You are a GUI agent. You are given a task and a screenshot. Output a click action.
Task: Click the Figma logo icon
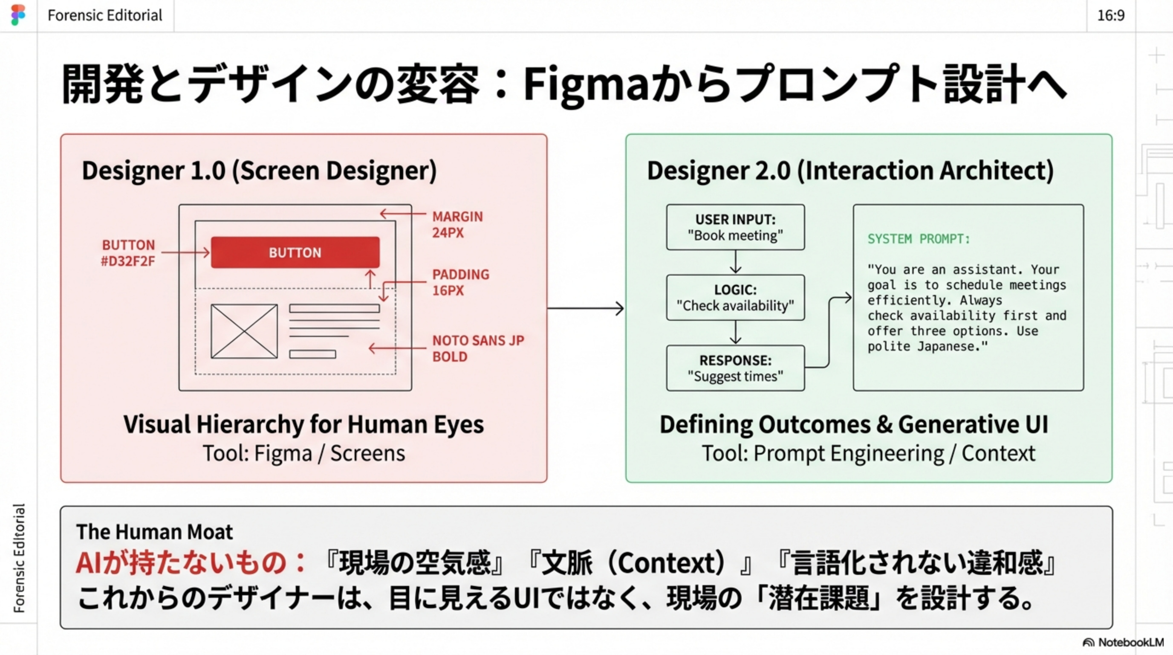pyautogui.click(x=18, y=15)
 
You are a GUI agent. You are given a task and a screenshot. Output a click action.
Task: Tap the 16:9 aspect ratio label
pyautogui.click(x=1111, y=15)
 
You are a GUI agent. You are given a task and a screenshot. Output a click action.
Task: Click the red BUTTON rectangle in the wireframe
pyautogui.click(x=295, y=252)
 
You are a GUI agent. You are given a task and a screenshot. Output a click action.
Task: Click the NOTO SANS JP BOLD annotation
pyautogui.click(x=478, y=348)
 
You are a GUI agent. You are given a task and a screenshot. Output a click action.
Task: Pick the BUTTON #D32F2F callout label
pyautogui.click(x=128, y=253)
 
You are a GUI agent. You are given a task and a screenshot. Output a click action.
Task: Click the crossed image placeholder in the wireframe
pyautogui.click(x=244, y=331)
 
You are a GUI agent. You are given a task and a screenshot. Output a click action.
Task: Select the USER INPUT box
pyautogui.click(x=735, y=227)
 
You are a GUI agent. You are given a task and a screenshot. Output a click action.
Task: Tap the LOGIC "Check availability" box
pyautogui.click(x=735, y=298)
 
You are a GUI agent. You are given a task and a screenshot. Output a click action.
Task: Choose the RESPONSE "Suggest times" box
pyautogui.click(x=735, y=368)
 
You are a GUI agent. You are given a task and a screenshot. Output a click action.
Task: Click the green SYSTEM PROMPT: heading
pyautogui.click(x=919, y=239)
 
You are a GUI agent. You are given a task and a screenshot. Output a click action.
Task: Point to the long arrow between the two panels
pyautogui.click(x=586, y=308)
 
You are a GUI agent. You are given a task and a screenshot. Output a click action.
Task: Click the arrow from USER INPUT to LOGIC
pyautogui.click(x=735, y=262)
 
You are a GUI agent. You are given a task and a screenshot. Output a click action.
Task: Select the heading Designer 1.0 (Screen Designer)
pyautogui.click(x=259, y=170)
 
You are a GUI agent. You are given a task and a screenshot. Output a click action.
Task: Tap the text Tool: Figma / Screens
pyautogui.click(x=304, y=453)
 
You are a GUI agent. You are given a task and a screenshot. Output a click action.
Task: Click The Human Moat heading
pyautogui.click(x=154, y=532)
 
